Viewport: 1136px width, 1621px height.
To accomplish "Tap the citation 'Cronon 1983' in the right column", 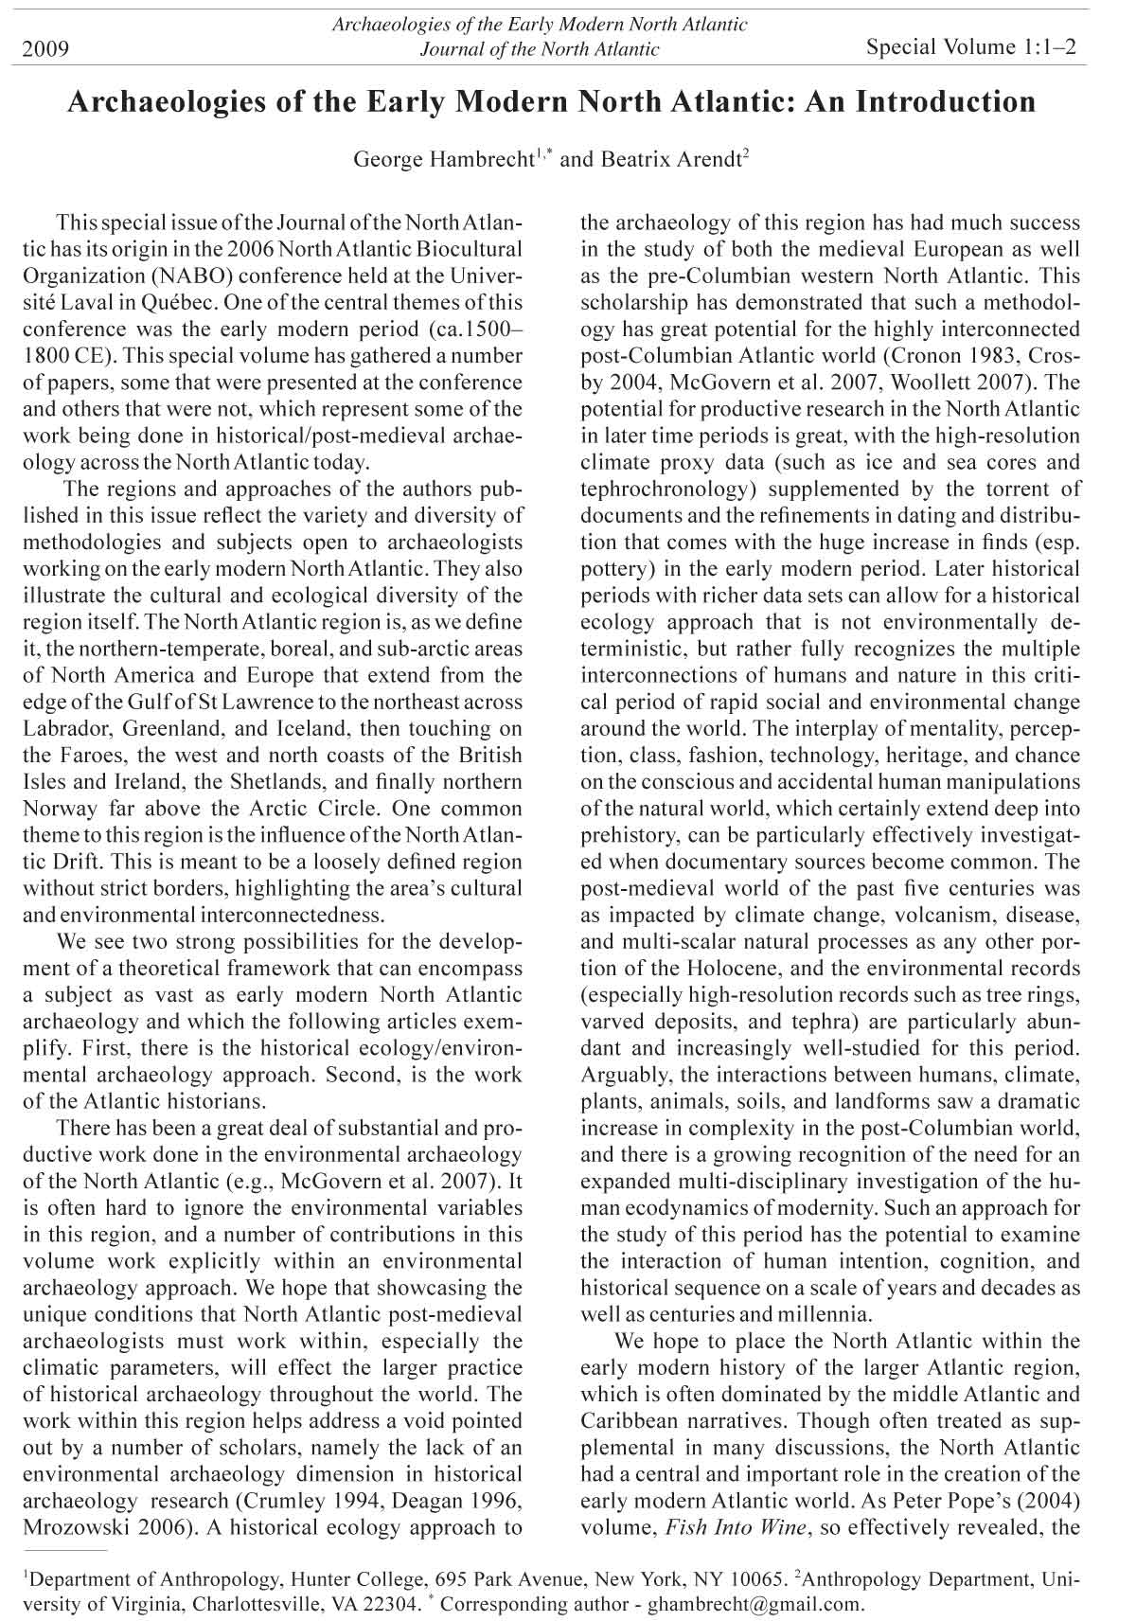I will [x=957, y=357].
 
